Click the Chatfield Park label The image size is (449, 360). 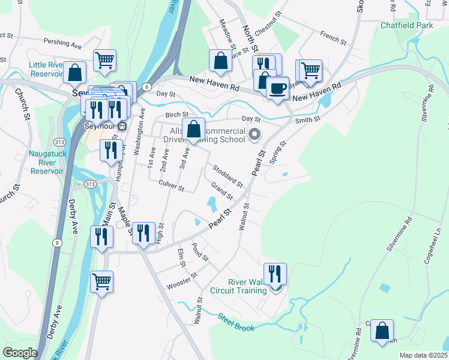[406, 26]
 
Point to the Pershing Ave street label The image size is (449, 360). [62, 43]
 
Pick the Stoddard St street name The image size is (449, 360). [226, 175]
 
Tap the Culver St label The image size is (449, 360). [171, 186]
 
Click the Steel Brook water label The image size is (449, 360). [236, 322]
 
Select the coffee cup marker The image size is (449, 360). [277, 88]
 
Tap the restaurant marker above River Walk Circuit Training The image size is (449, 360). [275, 274]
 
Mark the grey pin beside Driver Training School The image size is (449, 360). [255, 134]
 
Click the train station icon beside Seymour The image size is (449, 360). [122, 127]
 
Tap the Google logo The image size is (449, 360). [20, 353]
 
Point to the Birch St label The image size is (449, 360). [177, 115]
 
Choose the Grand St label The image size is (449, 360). [221, 193]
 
